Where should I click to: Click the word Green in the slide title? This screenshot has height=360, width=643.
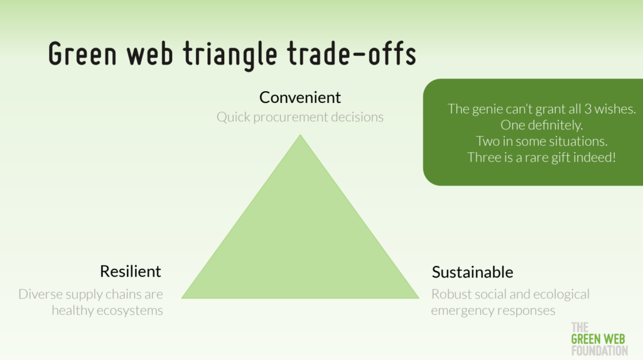click(82, 53)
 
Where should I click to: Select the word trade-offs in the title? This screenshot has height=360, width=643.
click(352, 53)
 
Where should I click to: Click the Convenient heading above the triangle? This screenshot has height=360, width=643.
click(300, 97)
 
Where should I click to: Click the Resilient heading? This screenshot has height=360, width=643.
click(131, 271)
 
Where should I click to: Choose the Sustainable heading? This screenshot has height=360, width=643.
click(472, 272)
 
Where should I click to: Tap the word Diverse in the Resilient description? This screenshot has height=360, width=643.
click(41, 294)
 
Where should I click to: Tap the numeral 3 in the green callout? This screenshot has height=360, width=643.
click(588, 109)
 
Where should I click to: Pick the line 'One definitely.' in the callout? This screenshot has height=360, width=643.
click(541, 125)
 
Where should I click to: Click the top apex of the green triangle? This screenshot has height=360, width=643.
click(300, 134)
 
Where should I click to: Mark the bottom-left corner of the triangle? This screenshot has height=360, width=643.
click(181, 298)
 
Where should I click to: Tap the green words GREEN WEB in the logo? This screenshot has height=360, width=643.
click(598, 339)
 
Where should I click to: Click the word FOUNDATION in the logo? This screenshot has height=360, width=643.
click(599, 351)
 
